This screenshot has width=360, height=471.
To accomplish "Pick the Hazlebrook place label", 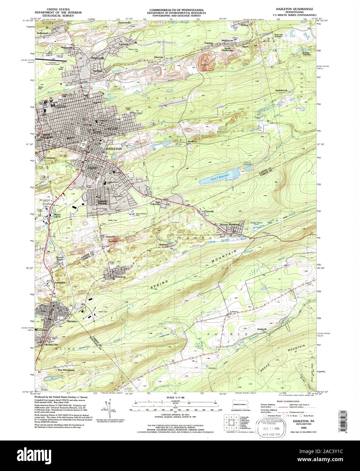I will [x=281, y=90].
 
